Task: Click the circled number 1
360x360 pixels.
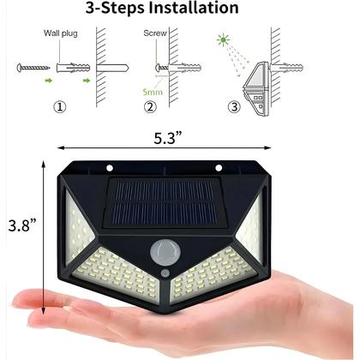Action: point(59,106)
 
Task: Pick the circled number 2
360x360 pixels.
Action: point(151,106)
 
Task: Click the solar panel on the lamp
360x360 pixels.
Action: point(163,202)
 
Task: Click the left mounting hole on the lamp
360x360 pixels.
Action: point(111,167)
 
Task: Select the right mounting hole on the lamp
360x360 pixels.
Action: point(219,167)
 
